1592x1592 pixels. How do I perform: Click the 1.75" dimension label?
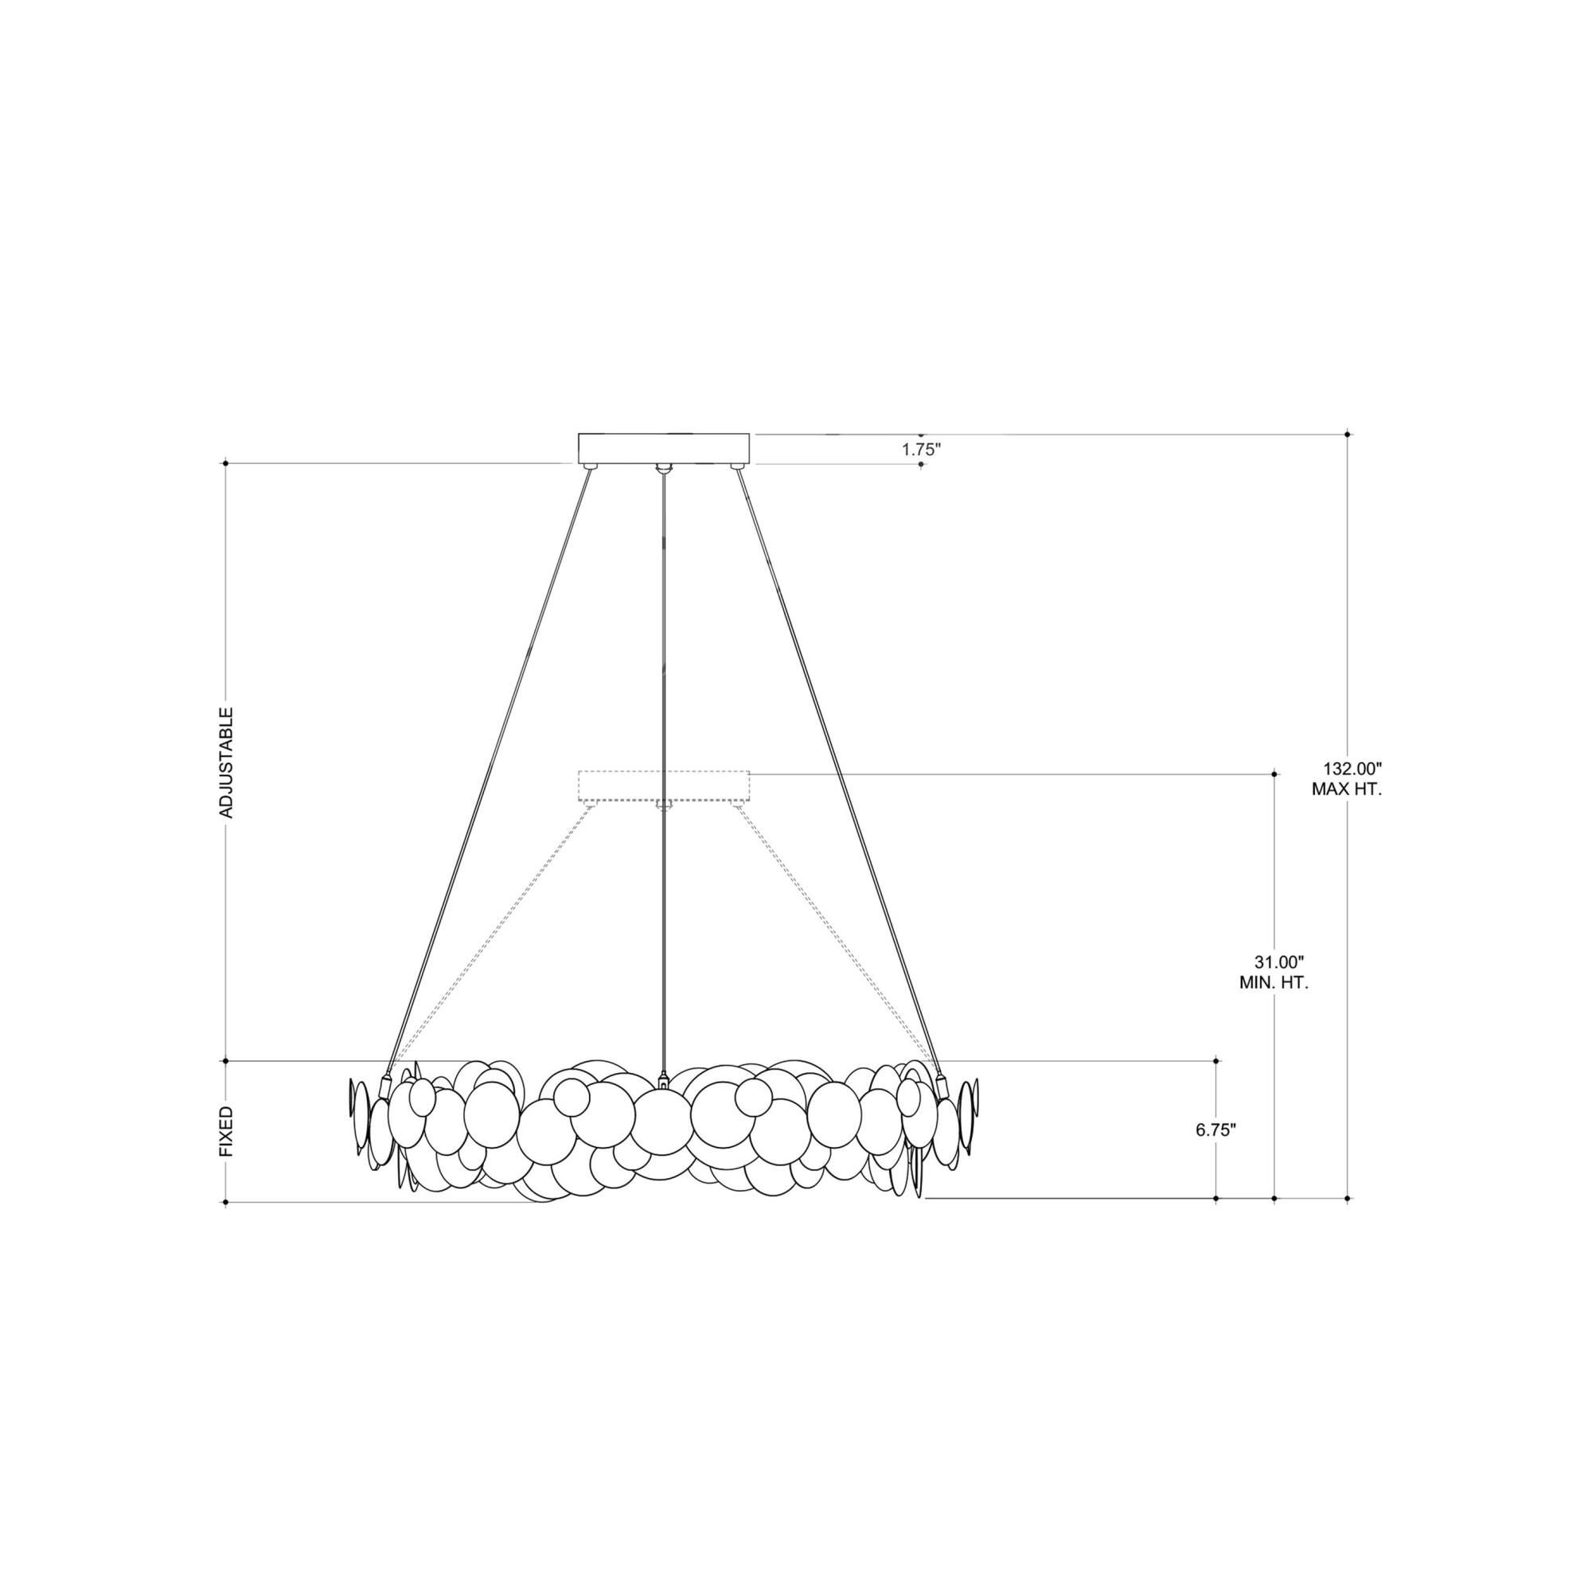pyautogui.click(x=920, y=450)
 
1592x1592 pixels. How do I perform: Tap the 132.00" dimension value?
pyautogui.click(x=1344, y=769)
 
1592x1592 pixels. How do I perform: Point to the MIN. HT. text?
pyautogui.click(x=1274, y=983)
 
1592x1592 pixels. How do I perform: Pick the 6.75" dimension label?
pyautogui.click(x=1215, y=1130)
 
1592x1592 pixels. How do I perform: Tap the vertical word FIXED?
pyautogui.click(x=227, y=1132)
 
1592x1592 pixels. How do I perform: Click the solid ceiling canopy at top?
pyautogui.click(x=664, y=448)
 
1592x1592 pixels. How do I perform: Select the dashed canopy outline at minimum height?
pyautogui.click(x=664, y=786)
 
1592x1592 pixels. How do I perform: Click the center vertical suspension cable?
pyautogui.click(x=664, y=742)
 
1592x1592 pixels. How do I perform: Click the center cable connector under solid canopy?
pyautogui.click(x=664, y=469)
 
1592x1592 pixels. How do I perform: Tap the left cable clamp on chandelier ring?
pyautogui.click(x=384, y=1087)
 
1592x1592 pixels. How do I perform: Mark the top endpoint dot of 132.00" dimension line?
pyautogui.click(x=1348, y=434)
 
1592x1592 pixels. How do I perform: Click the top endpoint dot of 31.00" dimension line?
pyautogui.click(x=1274, y=774)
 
